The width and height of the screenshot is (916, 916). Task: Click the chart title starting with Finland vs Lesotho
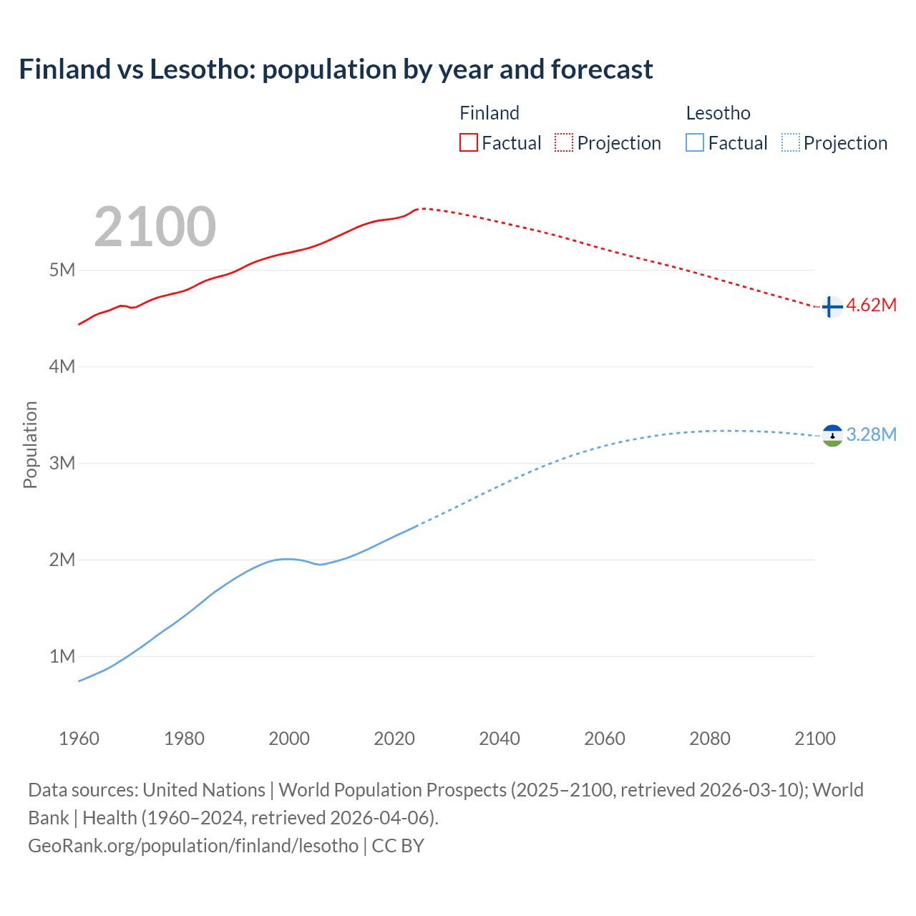click(x=336, y=69)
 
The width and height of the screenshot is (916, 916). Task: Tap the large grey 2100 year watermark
click(x=155, y=227)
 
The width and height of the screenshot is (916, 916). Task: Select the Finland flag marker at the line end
click(x=832, y=307)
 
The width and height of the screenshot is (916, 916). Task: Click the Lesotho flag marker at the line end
click(x=832, y=435)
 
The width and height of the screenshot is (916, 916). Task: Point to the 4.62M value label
click(x=871, y=306)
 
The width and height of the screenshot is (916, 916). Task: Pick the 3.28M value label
click(x=871, y=434)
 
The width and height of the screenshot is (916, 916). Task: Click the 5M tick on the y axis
click(x=62, y=270)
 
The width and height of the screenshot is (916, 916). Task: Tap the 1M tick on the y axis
click(x=62, y=656)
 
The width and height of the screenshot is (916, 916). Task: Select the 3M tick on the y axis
click(x=62, y=463)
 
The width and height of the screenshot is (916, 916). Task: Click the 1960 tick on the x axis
click(x=79, y=739)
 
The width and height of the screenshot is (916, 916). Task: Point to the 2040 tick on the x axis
click(x=500, y=739)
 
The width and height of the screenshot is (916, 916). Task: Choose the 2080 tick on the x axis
click(x=710, y=739)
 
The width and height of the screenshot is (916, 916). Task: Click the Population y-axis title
click(x=30, y=444)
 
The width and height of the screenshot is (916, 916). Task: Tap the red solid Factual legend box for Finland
click(x=468, y=142)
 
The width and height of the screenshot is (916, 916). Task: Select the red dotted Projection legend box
click(x=564, y=142)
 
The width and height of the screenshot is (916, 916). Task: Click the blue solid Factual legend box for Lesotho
click(x=695, y=142)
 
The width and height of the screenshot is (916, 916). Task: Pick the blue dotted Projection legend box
click(x=790, y=142)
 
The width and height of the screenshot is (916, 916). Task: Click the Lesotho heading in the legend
click(x=718, y=113)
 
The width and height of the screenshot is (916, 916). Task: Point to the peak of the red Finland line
click(x=421, y=208)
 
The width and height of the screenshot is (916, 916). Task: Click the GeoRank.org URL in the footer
click(x=193, y=846)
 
